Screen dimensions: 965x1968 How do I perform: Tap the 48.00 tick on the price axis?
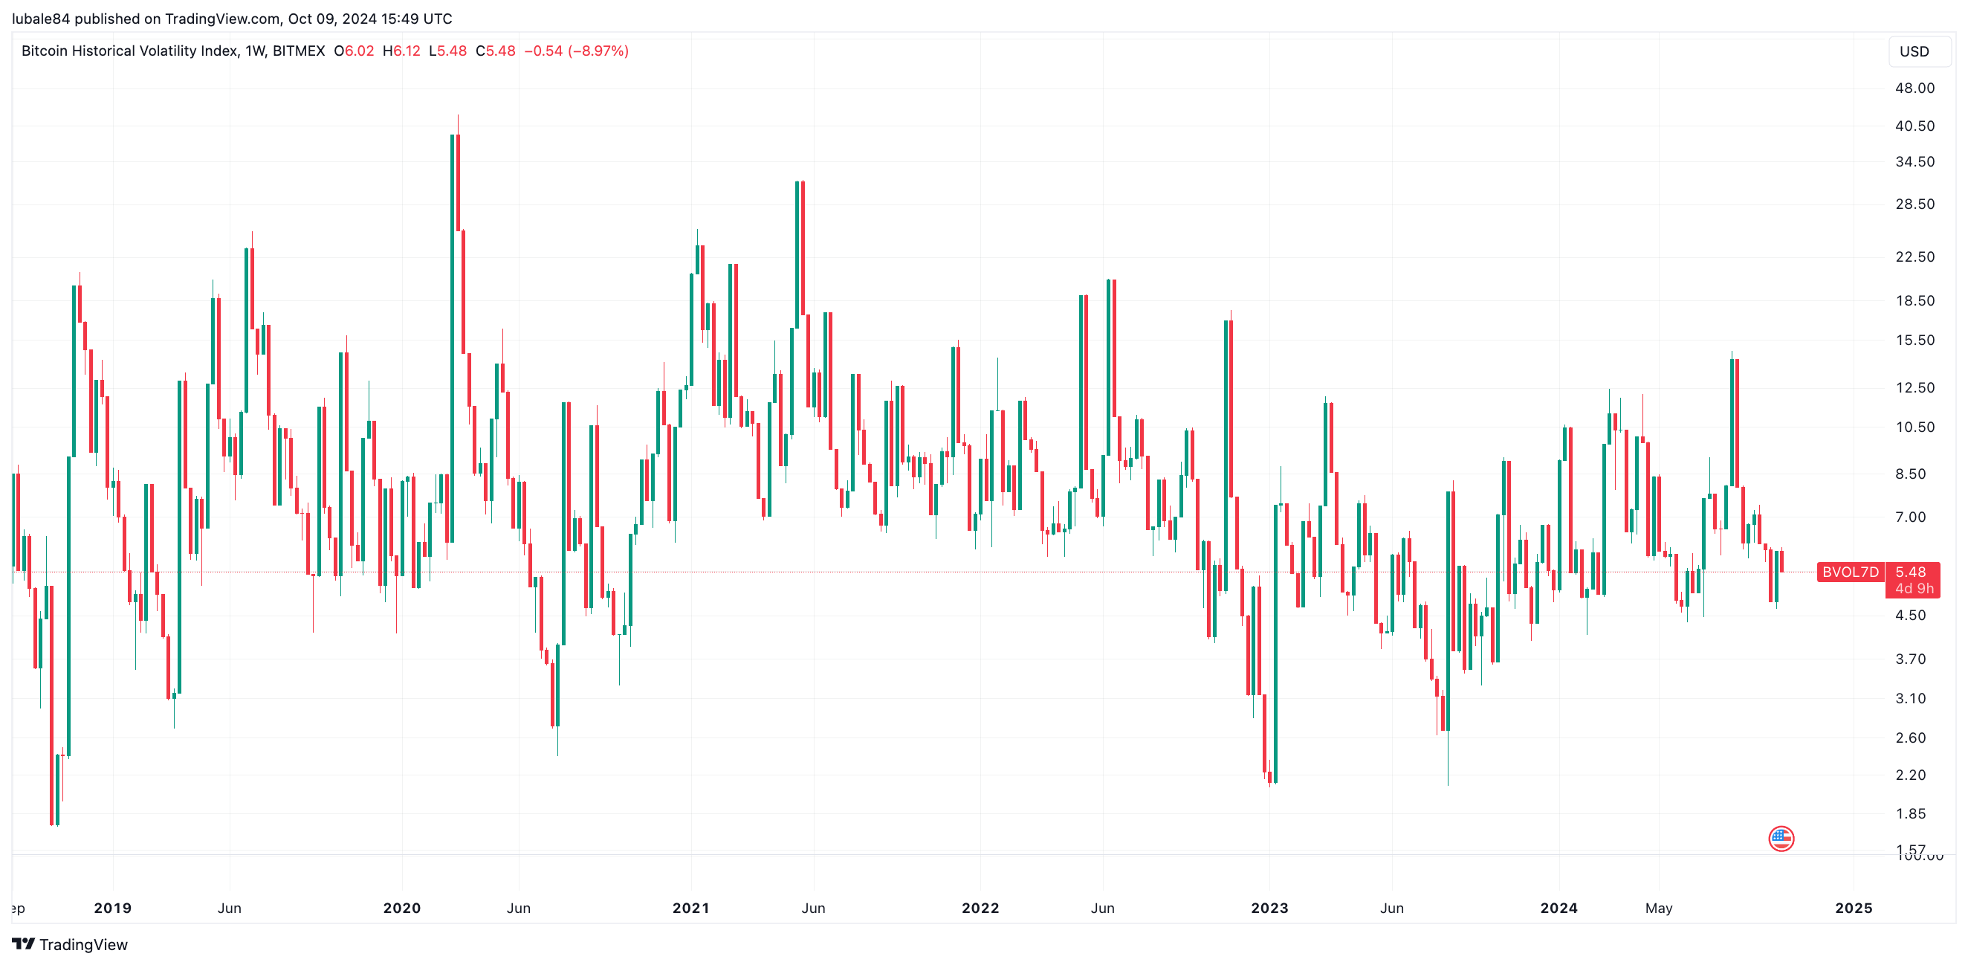point(1914,88)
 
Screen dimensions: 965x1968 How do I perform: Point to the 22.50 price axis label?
point(1914,256)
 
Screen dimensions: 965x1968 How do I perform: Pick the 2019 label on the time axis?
point(112,908)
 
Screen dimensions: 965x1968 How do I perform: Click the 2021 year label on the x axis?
point(690,908)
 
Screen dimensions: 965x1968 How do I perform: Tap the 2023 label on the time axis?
point(1269,908)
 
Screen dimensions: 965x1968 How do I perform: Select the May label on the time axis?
point(1659,908)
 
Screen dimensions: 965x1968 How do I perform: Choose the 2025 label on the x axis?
point(1854,908)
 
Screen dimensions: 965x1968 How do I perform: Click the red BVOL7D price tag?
point(1850,572)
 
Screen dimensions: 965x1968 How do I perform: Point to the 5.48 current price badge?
point(1911,572)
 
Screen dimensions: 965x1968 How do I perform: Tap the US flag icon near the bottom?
point(1781,838)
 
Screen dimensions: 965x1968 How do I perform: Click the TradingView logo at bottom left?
point(71,944)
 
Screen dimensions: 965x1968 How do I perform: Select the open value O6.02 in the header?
point(354,51)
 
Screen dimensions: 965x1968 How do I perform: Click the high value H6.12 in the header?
point(401,51)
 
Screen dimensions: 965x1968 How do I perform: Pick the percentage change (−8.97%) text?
point(598,51)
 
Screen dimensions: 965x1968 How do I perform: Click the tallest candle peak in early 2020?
point(457,117)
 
